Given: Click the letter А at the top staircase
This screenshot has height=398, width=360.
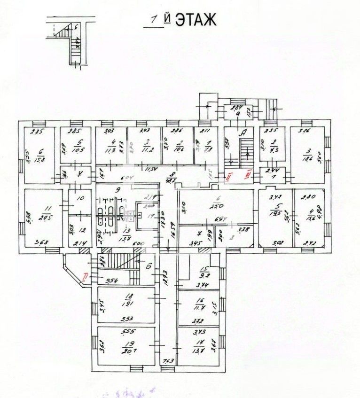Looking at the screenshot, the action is pos(243,133).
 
